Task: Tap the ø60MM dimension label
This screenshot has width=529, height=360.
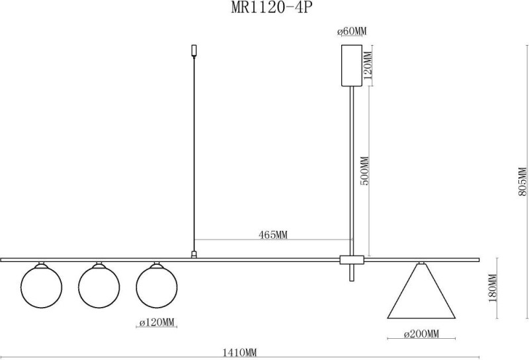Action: click(352, 32)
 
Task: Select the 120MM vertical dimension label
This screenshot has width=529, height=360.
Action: click(369, 64)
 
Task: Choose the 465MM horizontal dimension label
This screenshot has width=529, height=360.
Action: click(272, 234)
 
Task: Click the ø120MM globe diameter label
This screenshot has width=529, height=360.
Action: click(157, 322)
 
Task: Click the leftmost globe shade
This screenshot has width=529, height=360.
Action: click(41, 285)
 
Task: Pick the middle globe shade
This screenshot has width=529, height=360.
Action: click(99, 285)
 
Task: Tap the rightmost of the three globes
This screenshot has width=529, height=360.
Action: click(157, 285)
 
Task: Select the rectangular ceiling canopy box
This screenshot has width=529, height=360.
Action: click(352, 65)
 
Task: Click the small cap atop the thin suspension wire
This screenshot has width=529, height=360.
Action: click(194, 50)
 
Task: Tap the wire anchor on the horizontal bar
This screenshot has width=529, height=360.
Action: click(194, 253)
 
